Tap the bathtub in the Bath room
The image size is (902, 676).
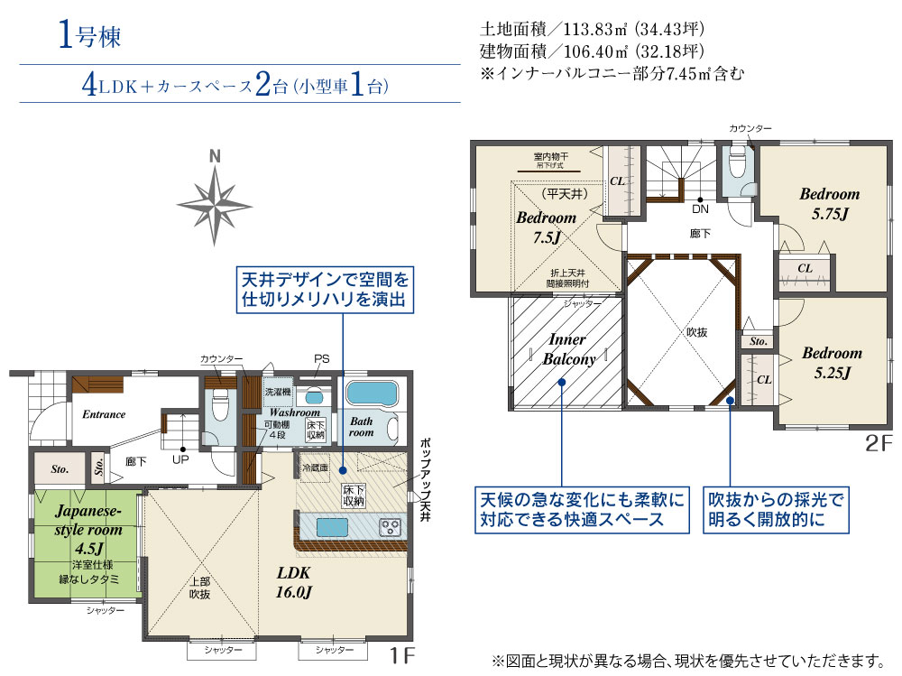click(x=373, y=394)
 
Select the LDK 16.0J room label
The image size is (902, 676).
click(x=294, y=583)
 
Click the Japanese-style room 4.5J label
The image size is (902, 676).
click(x=87, y=529)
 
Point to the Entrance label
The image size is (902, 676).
click(x=104, y=414)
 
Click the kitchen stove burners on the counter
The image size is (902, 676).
click(x=389, y=526)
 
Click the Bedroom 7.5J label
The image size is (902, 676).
click(x=546, y=227)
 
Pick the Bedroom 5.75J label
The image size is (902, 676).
click(x=829, y=203)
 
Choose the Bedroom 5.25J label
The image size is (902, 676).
click(x=831, y=362)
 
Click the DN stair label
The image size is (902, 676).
click(x=700, y=209)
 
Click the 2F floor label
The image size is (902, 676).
click(x=878, y=444)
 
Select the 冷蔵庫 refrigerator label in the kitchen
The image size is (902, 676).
click(x=316, y=468)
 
